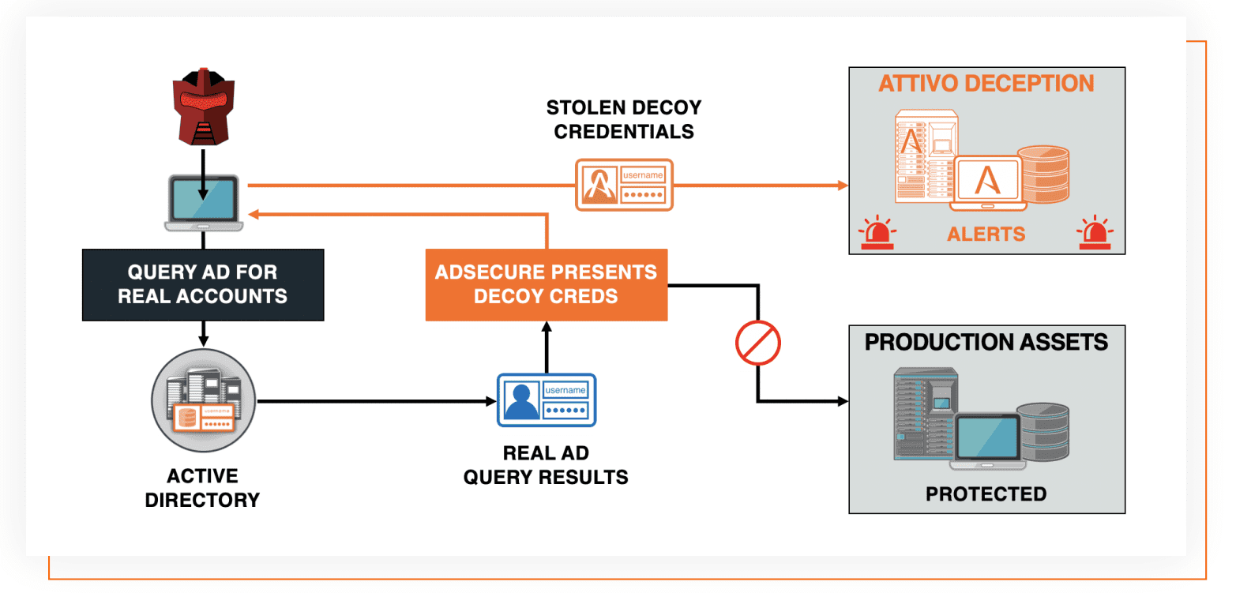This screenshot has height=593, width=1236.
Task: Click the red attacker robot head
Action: pos(204,107)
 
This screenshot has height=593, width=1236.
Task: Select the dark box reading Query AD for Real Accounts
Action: pos(203,284)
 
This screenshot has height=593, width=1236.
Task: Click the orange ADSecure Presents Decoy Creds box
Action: pos(547,284)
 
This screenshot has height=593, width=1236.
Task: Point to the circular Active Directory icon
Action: pos(203,400)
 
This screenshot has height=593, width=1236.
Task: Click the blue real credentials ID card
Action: pos(547,400)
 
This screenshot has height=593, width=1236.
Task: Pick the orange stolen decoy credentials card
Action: pos(624,185)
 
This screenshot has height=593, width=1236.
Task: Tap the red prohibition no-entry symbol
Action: pos(758,343)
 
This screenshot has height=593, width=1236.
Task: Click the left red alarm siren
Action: pos(877,233)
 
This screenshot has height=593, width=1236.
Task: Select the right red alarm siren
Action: pos(1095,233)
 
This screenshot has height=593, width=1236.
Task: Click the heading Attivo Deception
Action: pos(986,84)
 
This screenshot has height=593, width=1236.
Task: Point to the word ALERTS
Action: pos(986,235)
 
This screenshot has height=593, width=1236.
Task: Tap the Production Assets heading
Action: pos(986,342)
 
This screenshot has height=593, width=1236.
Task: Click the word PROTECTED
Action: pos(986,494)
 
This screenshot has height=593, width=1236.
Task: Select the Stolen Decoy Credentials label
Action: pos(624,119)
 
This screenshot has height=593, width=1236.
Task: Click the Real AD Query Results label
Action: pos(547,465)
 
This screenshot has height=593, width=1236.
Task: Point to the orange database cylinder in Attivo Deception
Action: pos(1043,175)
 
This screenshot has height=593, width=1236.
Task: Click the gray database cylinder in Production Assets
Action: pos(1043,432)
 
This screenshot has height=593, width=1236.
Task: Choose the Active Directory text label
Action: pos(202,488)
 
